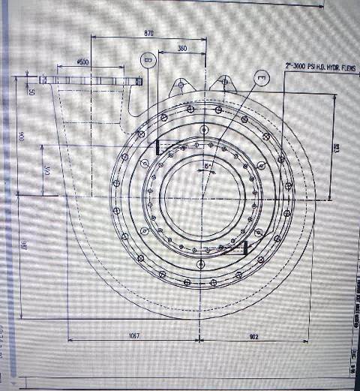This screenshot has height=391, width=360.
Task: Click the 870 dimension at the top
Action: [x=148, y=33]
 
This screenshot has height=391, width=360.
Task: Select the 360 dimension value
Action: [x=182, y=49]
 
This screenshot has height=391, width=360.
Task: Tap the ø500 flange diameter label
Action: [x=82, y=62]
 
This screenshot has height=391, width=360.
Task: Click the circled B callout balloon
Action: [x=148, y=60]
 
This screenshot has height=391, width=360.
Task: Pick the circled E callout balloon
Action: [x=260, y=77]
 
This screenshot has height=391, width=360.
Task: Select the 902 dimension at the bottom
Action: [x=253, y=336]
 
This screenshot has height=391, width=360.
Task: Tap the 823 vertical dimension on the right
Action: [x=337, y=149]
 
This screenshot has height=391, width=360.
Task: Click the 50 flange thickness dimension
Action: [x=31, y=92]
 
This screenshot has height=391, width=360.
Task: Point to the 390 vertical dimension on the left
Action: [x=46, y=172]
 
